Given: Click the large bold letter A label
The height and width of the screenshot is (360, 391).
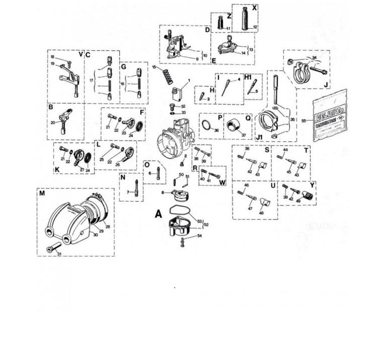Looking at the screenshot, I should pos(158,213).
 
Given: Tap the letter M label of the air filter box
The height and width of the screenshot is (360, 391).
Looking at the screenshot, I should pos(43,193).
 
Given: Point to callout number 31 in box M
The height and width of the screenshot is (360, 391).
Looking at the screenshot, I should pos(59,254).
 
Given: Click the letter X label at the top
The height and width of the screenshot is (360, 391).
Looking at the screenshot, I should pos(254,8).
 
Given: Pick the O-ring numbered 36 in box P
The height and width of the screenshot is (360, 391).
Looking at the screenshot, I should pos(209,125).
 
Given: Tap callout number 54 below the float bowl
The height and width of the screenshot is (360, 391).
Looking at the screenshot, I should pos(199,236).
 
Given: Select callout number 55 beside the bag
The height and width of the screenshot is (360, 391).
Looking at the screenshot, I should pos(304,120).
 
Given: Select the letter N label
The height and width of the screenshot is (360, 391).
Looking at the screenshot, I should pos(123,178).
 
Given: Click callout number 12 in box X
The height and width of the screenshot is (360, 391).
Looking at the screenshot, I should pos(255,27).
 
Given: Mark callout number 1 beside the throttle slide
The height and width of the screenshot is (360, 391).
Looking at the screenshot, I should pos(189,80).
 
